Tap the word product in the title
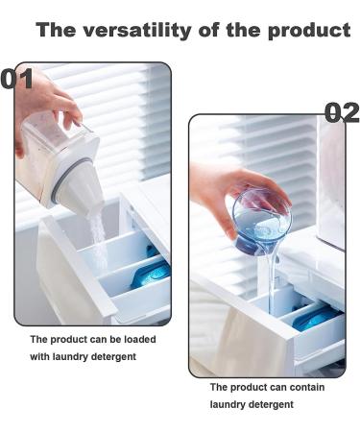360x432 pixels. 305,30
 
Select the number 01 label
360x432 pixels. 18,78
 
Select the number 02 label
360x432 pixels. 341,112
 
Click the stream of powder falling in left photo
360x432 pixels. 98,230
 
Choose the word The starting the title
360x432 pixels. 58,30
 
